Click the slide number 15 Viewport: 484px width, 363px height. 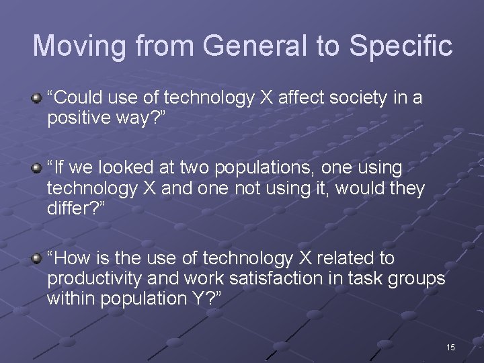pyautogui.click(x=450, y=347)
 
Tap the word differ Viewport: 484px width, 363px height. pyautogui.click(x=69, y=208)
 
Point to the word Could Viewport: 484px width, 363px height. pyautogui.click(x=77, y=98)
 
